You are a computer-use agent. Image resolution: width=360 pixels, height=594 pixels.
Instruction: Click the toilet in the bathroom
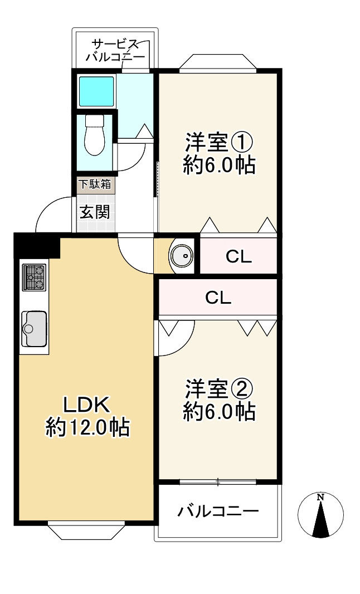(x=94, y=135)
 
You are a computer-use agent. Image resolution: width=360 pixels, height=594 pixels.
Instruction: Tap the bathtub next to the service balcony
(x=96, y=91)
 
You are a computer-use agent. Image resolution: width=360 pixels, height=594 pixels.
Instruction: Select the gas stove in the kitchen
(x=34, y=277)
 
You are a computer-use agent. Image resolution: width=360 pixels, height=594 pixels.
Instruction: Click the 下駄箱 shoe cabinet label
(x=95, y=184)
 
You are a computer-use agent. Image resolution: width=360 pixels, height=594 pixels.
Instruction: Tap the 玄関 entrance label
(x=95, y=212)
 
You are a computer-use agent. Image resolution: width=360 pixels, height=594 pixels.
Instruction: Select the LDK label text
(x=87, y=405)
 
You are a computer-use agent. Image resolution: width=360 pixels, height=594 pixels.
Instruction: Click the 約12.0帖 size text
(x=87, y=428)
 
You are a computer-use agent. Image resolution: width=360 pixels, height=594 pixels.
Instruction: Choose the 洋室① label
(x=219, y=142)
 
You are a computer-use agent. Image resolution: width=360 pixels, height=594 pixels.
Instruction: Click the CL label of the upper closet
(x=239, y=257)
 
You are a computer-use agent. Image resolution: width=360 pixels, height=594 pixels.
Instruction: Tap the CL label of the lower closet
(x=218, y=298)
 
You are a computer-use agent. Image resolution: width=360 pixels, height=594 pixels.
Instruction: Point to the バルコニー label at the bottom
(x=218, y=512)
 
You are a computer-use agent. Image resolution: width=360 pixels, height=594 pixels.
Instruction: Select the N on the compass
(x=320, y=497)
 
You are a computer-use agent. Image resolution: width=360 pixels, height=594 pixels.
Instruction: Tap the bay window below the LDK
(x=86, y=531)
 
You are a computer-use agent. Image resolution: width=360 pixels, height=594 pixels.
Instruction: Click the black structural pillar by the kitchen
(x=37, y=245)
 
